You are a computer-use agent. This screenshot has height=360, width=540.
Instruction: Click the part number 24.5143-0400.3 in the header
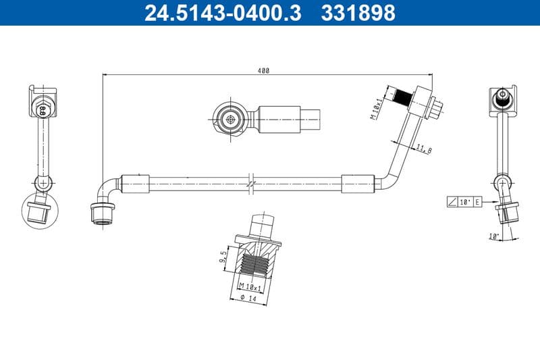(223, 13)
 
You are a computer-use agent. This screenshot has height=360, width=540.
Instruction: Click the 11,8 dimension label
(424, 149)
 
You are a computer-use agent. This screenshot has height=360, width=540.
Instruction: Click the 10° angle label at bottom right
(494, 236)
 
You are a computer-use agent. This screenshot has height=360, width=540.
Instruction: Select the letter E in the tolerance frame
(477, 202)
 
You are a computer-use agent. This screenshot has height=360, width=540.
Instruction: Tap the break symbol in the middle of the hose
(250, 182)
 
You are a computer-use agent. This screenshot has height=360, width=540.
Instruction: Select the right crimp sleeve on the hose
(357, 182)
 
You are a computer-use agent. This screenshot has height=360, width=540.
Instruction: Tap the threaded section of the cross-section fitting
(256, 265)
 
